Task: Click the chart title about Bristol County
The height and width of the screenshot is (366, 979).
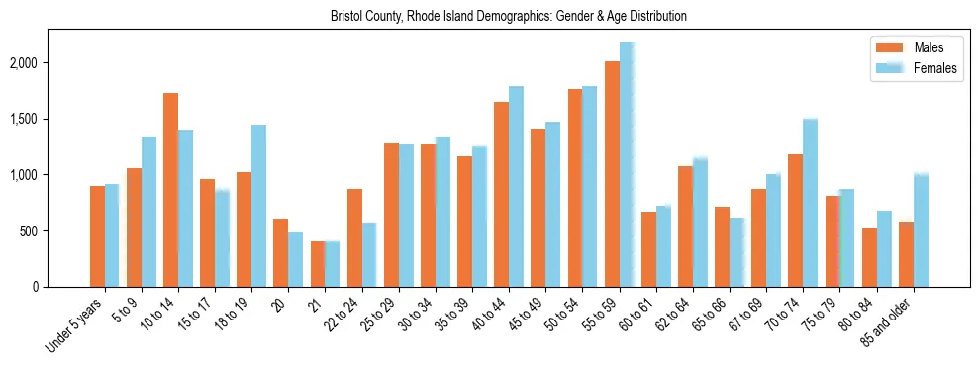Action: pyautogui.click(x=509, y=17)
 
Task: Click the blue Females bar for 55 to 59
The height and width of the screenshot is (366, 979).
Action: pyautogui.click(x=626, y=164)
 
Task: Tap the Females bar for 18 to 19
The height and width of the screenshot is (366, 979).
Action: pyautogui.click(x=258, y=206)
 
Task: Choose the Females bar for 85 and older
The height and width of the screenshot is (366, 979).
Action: pyautogui.click(x=921, y=230)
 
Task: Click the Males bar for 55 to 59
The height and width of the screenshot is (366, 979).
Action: pyautogui.click(x=612, y=174)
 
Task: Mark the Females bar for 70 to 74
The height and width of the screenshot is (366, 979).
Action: pyautogui.click(x=810, y=203)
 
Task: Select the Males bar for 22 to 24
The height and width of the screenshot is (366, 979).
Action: pyautogui.click(x=354, y=237)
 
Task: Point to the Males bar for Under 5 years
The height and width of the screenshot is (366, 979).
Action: pyautogui.click(x=97, y=236)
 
